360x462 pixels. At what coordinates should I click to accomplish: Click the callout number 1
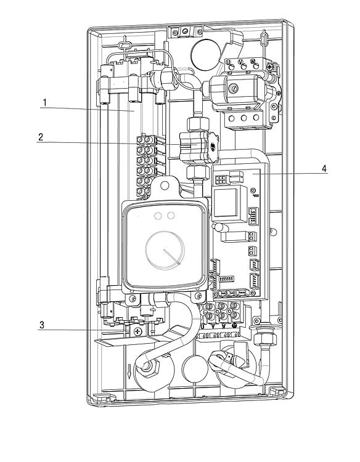tap(44, 103)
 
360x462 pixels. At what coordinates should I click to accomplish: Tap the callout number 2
tap(41, 137)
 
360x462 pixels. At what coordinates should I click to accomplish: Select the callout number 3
tap(42, 325)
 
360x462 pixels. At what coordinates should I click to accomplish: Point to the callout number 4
tap(324, 169)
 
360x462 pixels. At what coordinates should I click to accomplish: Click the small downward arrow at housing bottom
tap(129, 371)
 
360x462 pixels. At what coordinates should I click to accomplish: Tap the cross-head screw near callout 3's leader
tap(137, 331)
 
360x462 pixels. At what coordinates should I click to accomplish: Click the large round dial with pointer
tap(165, 250)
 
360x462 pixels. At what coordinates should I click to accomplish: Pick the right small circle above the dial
tap(171, 216)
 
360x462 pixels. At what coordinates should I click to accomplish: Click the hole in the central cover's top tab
tap(165, 185)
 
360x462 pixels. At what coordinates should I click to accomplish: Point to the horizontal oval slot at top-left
tap(125, 46)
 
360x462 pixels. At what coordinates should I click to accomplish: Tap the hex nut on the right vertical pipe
tap(265, 337)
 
